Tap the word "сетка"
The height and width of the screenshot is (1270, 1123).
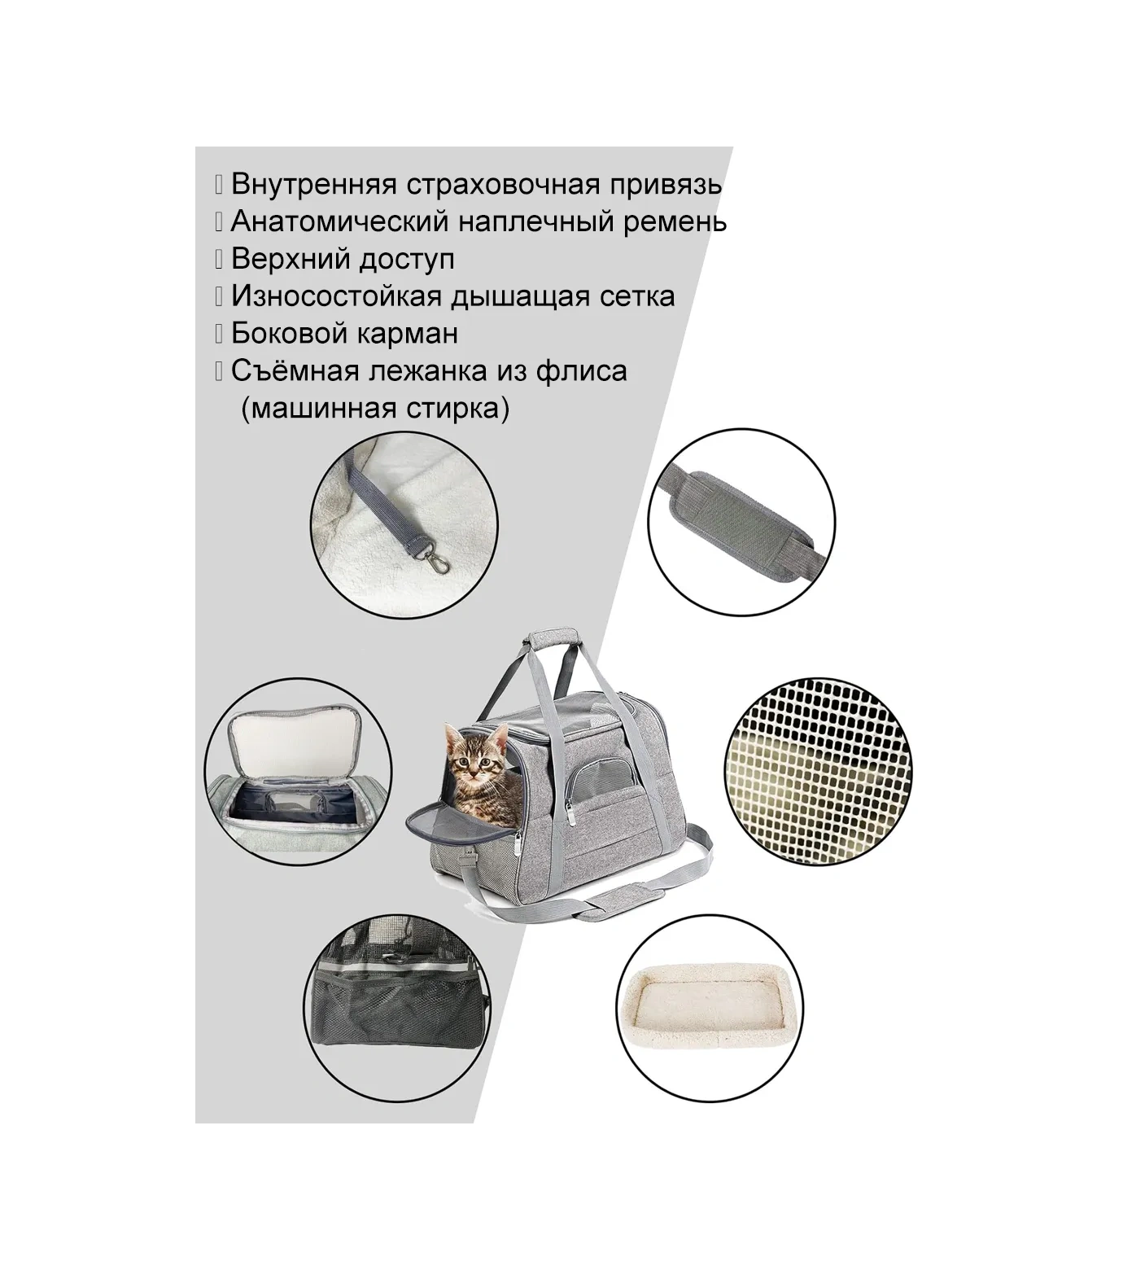(634, 296)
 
